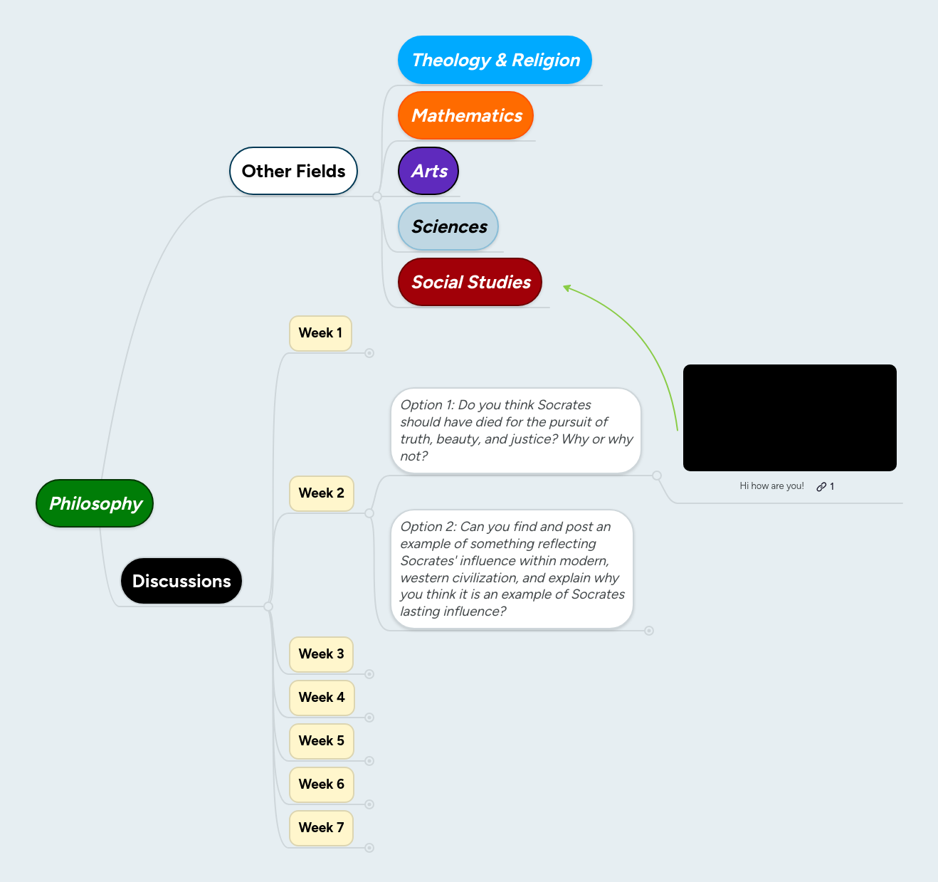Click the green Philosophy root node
pos(95,503)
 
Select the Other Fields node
pos(293,171)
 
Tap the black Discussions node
pos(181,581)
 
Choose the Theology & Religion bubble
pos(495,60)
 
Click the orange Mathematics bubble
pos(466,115)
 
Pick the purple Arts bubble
pos(428,171)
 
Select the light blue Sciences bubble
pos(448,226)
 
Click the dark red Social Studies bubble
pos(470,282)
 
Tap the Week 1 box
pos(320,333)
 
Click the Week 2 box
pos(321,493)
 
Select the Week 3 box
pos(321,654)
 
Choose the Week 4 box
pos(321,698)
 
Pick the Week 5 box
pos(321,741)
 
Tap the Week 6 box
pos(321,784)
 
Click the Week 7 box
pos(321,828)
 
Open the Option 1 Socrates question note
pos(516,431)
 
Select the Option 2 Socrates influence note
pos(512,569)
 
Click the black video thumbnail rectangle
pos(789,418)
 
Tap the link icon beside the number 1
pos(821,487)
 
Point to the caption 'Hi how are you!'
pos(771,486)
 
